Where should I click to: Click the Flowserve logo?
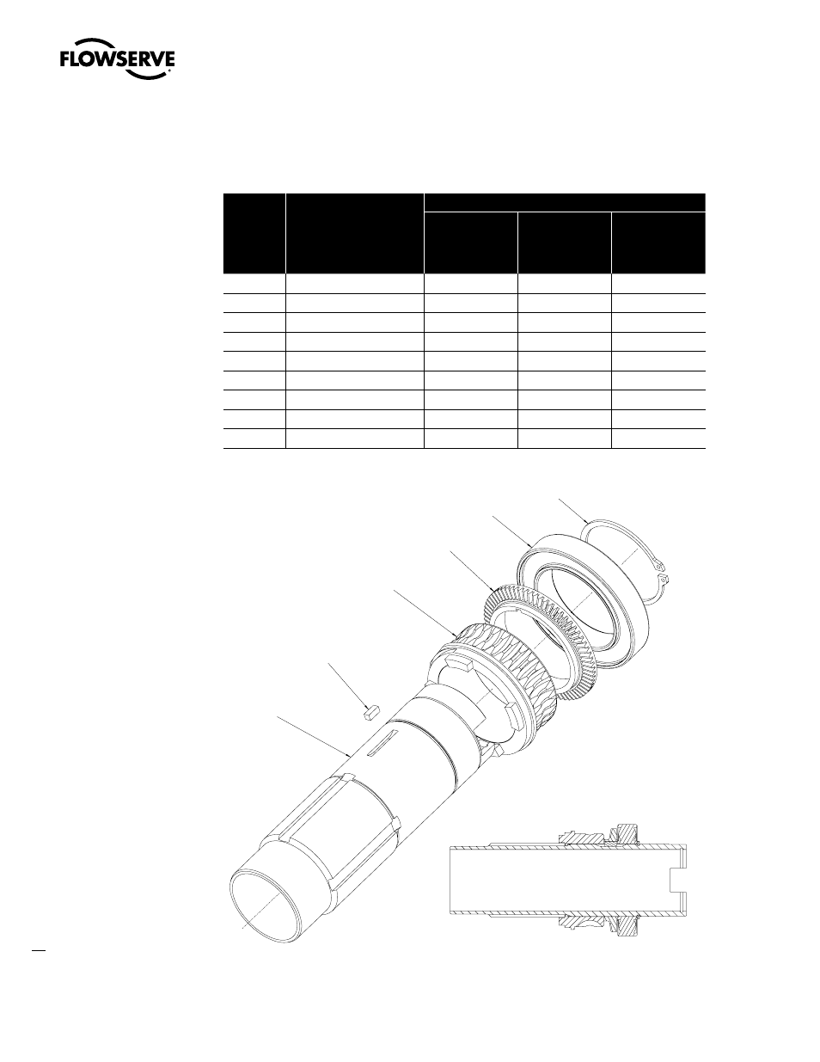click(117, 58)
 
